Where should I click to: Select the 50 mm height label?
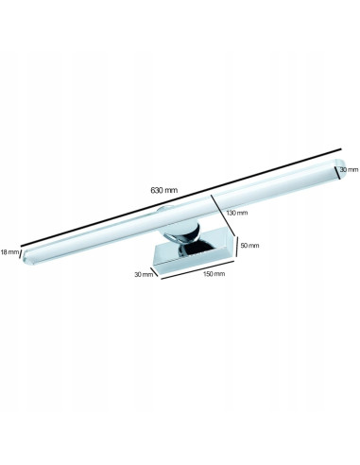click(x=250, y=245)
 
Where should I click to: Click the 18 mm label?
click(x=9, y=252)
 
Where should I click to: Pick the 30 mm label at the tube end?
click(x=350, y=169)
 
